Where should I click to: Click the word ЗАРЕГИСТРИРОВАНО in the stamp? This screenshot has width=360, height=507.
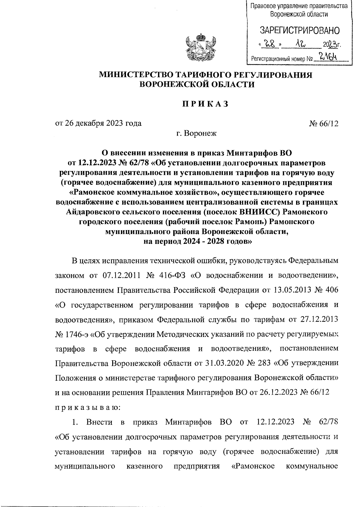[299, 31]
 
